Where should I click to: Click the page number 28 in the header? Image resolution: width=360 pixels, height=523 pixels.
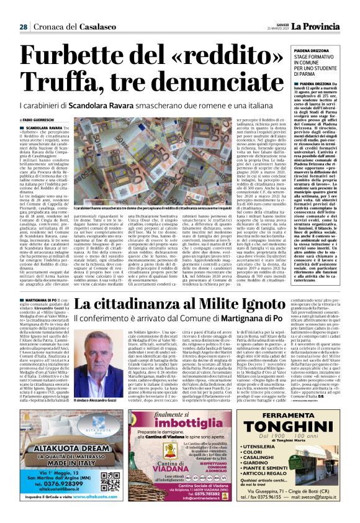tap(23, 27)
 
